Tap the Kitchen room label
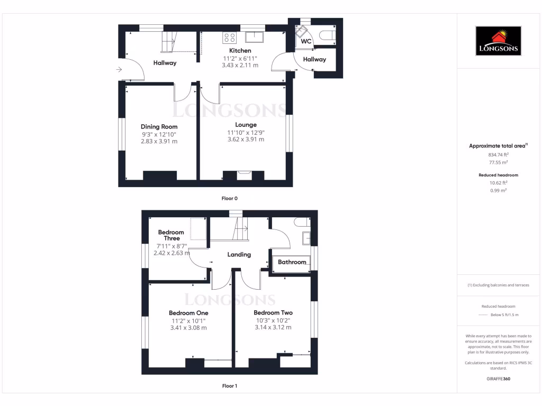pos(240,51)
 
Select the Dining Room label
pos(159,127)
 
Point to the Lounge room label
pos(246,125)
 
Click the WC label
pos(306,41)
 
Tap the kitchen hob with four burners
pos(230,38)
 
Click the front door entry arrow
pos(119,69)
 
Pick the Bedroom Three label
pos(171,235)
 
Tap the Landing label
pos(239,255)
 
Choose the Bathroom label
pos(292,262)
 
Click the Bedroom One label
pos(188,312)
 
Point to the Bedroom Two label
pos(273,312)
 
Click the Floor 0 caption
pos(229,198)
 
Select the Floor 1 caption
pos(229,386)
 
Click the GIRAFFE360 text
pos(498,379)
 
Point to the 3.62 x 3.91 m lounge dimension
pos(246,140)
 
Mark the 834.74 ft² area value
pos(498,155)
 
